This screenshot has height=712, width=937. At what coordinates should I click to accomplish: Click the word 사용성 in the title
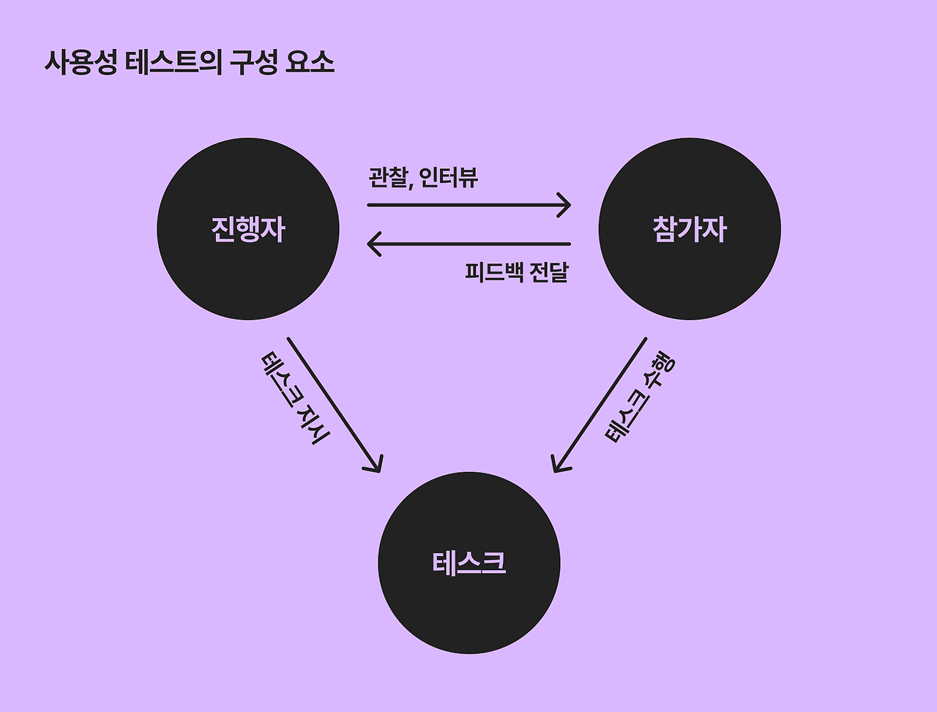click(x=81, y=63)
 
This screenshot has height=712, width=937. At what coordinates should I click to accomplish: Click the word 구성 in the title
click(x=254, y=63)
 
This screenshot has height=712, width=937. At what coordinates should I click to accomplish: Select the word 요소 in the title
click(x=310, y=63)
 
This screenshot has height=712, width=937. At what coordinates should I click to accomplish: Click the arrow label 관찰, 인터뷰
click(x=423, y=177)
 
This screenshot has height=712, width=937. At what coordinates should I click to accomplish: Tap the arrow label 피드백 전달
click(x=517, y=272)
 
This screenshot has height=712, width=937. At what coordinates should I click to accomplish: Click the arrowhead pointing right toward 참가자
click(x=565, y=205)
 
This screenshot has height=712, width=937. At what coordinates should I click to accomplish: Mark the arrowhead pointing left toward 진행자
click(x=373, y=244)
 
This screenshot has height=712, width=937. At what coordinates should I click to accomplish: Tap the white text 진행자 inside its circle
click(x=248, y=229)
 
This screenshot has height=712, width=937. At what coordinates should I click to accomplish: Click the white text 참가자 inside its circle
click(x=690, y=229)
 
